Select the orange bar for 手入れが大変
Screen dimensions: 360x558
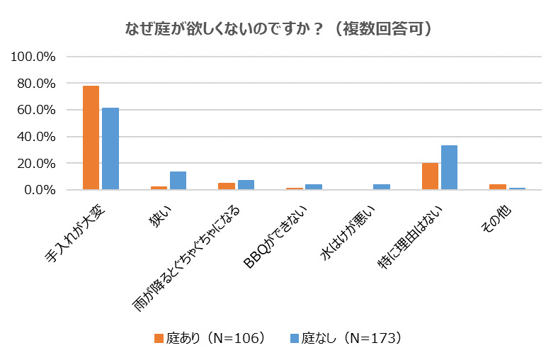click(91, 137)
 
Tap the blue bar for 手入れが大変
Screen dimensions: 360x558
click(110, 149)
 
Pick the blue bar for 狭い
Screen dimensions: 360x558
click(178, 181)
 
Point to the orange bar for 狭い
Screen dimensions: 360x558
click(159, 188)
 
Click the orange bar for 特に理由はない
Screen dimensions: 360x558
click(430, 176)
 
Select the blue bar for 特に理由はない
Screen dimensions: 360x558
click(449, 168)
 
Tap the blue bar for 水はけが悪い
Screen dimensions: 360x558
click(381, 187)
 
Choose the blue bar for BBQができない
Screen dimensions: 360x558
click(314, 187)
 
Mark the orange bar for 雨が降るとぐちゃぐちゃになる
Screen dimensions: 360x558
click(227, 186)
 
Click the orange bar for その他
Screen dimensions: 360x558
click(498, 187)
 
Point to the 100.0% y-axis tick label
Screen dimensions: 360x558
click(35, 57)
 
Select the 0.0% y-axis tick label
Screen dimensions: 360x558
click(40, 190)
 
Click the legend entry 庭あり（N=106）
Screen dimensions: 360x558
click(210, 337)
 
